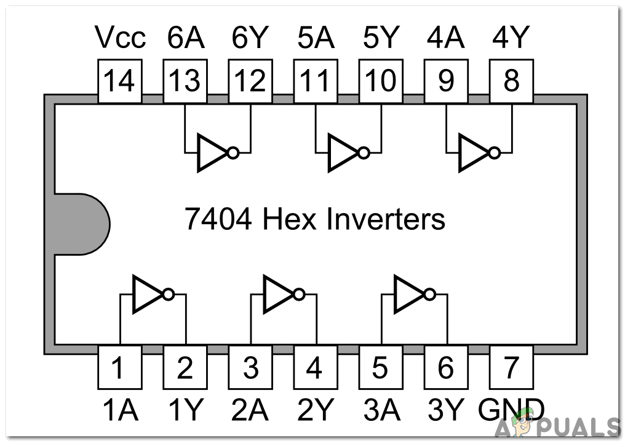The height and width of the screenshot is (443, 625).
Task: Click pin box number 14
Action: click(119, 81)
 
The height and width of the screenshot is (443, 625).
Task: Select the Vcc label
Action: click(121, 39)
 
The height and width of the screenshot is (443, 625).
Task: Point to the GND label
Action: click(511, 409)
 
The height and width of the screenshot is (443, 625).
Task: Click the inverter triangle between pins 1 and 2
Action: click(146, 294)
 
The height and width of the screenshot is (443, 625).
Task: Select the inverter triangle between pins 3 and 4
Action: click(277, 294)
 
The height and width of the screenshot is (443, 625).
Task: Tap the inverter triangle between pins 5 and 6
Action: click(407, 294)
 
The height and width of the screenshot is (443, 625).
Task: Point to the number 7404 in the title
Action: click(218, 219)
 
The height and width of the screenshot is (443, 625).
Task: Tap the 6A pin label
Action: click(185, 39)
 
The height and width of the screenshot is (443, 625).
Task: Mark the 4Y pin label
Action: click(511, 39)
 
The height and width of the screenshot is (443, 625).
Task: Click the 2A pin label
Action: click(250, 409)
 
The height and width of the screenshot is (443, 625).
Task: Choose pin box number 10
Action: click(381, 81)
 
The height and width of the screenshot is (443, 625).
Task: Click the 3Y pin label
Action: click(446, 409)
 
